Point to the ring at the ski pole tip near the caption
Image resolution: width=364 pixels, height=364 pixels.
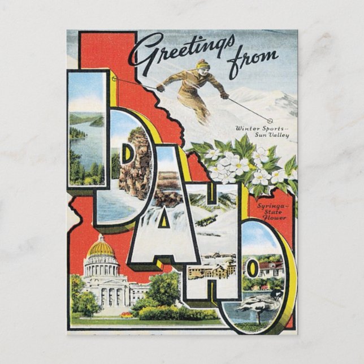coord(270,120)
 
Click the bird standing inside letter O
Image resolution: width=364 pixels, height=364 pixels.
coord(259,306)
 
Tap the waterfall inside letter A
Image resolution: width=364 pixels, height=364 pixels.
coord(164,237)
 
